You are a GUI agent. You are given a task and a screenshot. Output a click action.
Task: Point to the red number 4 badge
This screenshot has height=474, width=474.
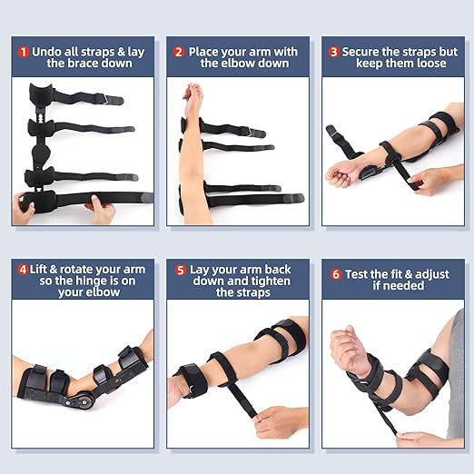(23, 269)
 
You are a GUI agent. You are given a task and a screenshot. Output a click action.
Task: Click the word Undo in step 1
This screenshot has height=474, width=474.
(48, 52)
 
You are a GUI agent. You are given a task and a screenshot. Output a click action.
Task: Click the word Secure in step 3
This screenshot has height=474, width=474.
(366, 52)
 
